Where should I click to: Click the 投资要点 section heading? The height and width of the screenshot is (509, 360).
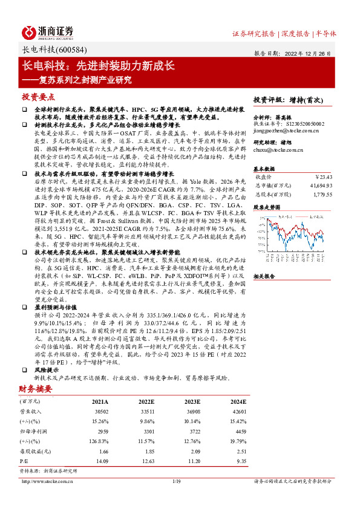[39, 97]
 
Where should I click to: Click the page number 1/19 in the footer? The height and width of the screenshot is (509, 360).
[177, 482]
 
